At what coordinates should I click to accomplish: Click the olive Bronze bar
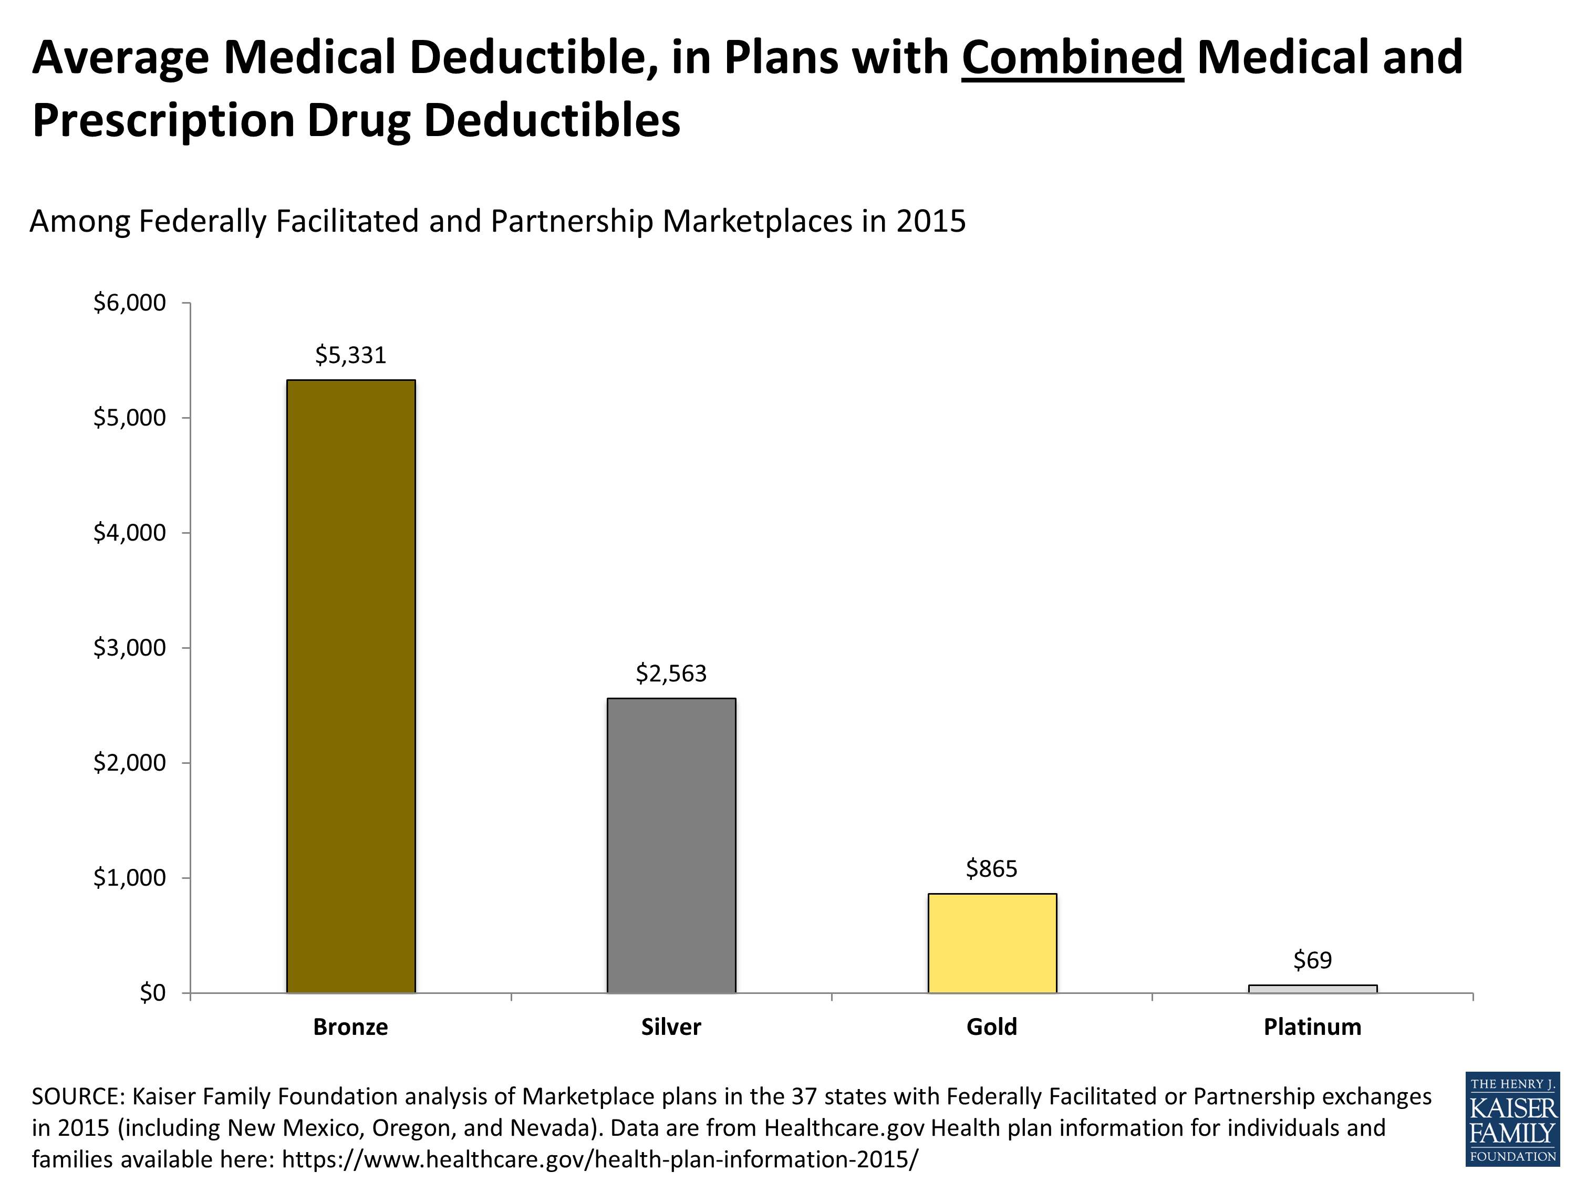coord(350,686)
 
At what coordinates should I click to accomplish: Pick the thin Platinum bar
coord(1312,989)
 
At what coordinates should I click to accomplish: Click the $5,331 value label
coord(350,355)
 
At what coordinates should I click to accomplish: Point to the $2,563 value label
coord(671,673)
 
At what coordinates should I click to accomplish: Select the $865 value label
coord(992,868)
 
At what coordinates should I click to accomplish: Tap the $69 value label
coord(1312,960)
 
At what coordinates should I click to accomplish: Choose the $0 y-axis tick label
coord(152,992)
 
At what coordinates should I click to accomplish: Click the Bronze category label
coord(350,1027)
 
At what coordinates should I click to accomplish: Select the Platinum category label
coord(1312,1027)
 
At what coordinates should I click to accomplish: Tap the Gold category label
coord(992,1027)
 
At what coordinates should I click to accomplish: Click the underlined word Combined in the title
coord(1072,57)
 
